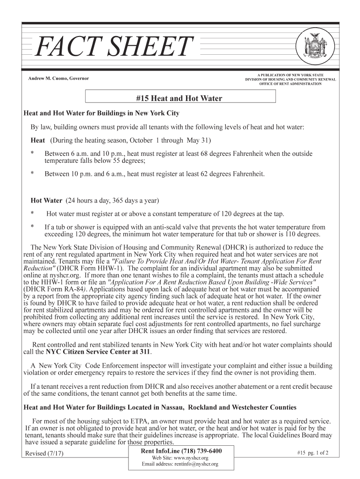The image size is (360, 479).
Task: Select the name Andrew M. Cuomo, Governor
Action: click(59, 78)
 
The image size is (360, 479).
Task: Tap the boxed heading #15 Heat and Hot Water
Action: click(179, 98)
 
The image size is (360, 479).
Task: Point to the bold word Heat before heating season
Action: click(38, 140)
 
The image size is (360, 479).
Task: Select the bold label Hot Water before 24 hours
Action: click(46, 201)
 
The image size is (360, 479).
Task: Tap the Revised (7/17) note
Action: click(44, 453)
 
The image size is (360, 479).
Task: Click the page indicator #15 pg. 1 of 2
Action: click(313, 453)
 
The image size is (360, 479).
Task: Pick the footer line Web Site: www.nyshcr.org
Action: click(180, 458)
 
